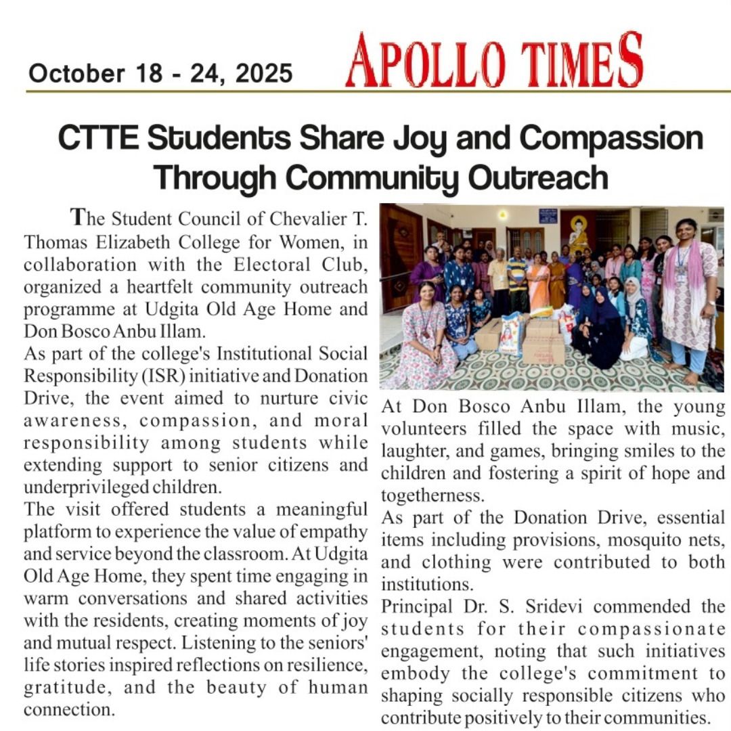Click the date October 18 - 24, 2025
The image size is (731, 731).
(160, 72)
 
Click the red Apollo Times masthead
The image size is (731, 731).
(493, 61)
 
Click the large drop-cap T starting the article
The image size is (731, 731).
(79, 218)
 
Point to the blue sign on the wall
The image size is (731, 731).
(548, 215)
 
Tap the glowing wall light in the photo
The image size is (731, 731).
(502, 215)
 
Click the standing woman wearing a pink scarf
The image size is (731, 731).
(687, 298)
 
